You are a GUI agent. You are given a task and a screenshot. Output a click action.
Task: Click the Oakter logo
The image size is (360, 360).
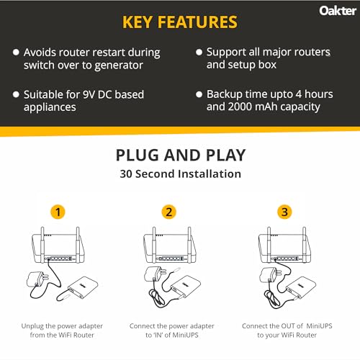click(334, 11)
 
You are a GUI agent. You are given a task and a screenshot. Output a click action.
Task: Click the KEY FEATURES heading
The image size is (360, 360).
click(180, 22)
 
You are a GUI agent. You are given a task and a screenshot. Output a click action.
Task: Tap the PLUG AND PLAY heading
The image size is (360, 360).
click(180, 156)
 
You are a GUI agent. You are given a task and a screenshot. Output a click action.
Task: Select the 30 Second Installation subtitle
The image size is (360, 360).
click(180, 174)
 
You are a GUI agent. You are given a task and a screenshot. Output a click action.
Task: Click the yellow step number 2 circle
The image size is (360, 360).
click(168, 212)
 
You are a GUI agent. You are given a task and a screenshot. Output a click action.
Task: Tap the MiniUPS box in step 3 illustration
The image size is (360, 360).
click(302, 287)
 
